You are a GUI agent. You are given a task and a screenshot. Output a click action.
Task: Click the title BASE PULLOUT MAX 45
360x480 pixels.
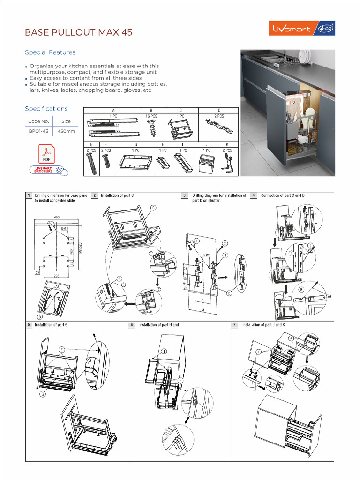78,33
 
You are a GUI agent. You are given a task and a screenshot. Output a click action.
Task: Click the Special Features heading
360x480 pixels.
50,52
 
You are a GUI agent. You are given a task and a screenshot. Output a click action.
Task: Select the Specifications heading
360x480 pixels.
46,109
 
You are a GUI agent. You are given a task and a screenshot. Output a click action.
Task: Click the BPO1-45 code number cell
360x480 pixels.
38,132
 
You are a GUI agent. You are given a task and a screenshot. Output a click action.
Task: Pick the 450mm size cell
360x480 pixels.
66,132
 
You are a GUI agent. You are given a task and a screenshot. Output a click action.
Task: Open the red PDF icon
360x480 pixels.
47,154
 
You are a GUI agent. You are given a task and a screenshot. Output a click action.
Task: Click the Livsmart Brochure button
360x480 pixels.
46,170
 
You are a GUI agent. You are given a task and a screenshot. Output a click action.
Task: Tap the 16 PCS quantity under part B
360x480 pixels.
151,116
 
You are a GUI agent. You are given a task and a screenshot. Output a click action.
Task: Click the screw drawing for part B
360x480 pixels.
151,127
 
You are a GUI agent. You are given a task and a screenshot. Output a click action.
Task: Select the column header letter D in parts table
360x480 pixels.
219,110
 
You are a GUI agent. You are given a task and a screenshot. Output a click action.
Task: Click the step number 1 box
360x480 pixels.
29,195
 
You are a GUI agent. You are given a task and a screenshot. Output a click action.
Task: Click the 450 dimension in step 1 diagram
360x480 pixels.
57,217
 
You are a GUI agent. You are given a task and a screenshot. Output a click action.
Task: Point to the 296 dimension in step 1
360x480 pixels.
56,276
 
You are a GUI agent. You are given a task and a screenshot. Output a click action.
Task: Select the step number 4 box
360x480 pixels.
254,195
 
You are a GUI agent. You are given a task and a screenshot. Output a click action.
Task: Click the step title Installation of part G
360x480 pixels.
51,325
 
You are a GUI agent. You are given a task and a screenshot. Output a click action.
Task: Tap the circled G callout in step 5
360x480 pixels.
42,395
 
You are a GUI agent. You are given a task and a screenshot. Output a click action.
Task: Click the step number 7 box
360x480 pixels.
235,325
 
